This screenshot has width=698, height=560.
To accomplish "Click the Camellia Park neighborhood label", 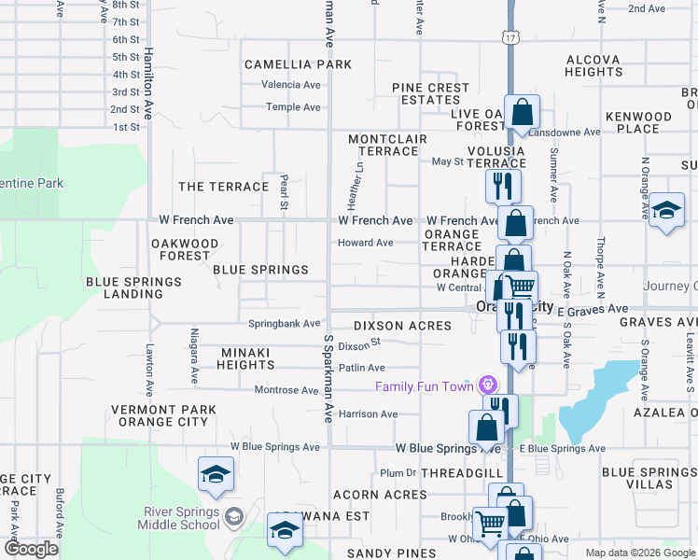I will [x=299, y=64].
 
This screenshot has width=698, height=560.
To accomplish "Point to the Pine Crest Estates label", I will [x=430, y=94].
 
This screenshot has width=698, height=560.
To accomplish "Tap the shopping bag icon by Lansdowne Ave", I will [x=523, y=112].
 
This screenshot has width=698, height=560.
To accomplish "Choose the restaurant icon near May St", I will [x=503, y=185].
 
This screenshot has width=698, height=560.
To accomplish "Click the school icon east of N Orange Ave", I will [x=666, y=209].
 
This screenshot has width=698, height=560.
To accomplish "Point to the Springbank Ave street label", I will [x=284, y=324].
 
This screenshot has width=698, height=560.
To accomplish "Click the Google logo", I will [x=32, y=548].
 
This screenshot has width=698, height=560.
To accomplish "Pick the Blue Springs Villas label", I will [x=649, y=479].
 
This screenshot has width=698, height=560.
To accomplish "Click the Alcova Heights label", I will [x=593, y=65].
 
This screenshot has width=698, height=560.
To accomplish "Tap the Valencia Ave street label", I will [x=291, y=84].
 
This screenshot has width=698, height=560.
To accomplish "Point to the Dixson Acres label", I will [x=402, y=326].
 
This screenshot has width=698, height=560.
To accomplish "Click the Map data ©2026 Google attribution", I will [x=639, y=553].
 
